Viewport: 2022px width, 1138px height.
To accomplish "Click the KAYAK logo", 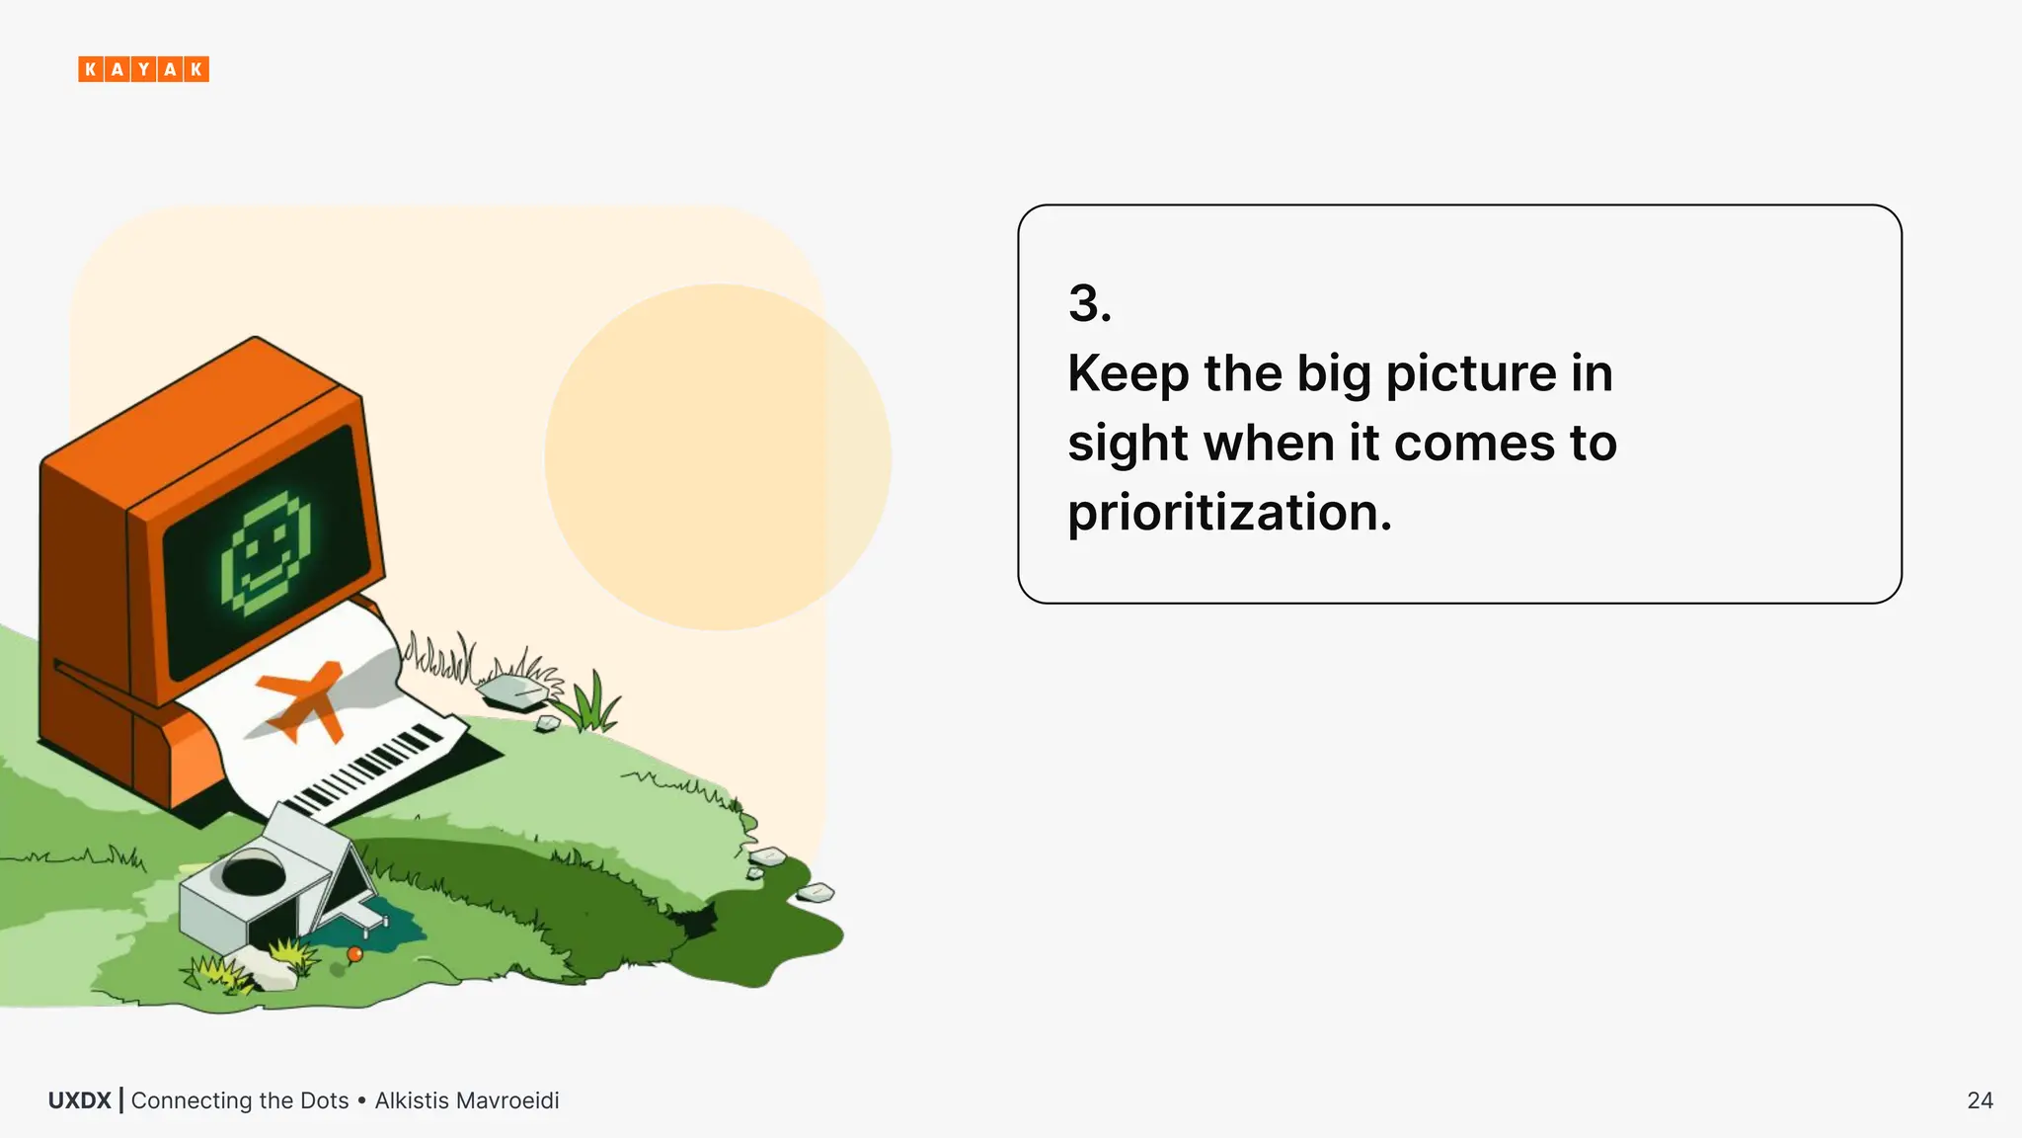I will pyautogui.click(x=143, y=69).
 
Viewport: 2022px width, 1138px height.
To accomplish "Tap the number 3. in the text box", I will pyautogui.click(x=1089, y=303).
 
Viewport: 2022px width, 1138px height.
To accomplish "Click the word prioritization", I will pyautogui.click(x=1229, y=513).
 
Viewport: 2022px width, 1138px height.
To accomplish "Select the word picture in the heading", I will pyautogui.click(x=1471, y=374).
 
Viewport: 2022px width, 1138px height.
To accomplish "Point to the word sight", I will pyautogui.click(x=1126, y=444).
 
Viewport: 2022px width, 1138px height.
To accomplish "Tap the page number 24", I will pyautogui.click(x=1980, y=1100).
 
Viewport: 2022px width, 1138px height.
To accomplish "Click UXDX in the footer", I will pyautogui.click(x=79, y=1100).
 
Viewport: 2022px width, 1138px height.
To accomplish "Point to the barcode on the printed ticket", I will pyautogui.click(x=365, y=771).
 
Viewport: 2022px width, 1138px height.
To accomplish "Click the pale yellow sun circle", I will pyautogui.click(x=718, y=456).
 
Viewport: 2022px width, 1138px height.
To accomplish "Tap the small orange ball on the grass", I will pyautogui.click(x=355, y=954).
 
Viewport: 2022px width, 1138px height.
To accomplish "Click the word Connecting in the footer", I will pyautogui.click(x=191, y=1100).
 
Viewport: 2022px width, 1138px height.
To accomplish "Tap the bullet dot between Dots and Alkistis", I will pyautogui.click(x=362, y=1100).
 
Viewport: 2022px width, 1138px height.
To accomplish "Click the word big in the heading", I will pyautogui.click(x=1333, y=374).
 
